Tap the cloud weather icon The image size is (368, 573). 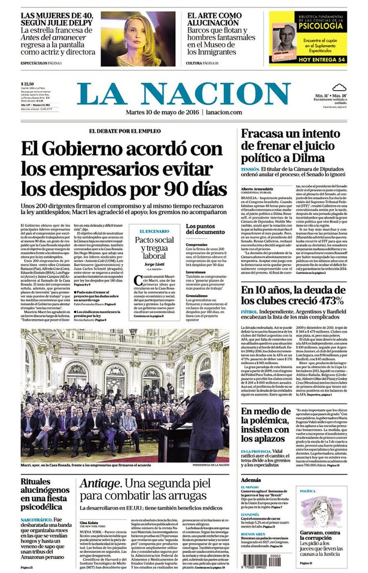tap(339, 87)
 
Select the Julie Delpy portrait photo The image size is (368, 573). tap(138, 39)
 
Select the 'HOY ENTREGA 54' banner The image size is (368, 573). tap(308, 59)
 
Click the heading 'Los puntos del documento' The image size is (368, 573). tap(204, 229)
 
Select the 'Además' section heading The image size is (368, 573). tap(251, 479)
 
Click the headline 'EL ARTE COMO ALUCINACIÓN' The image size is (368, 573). tap(215, 19)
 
